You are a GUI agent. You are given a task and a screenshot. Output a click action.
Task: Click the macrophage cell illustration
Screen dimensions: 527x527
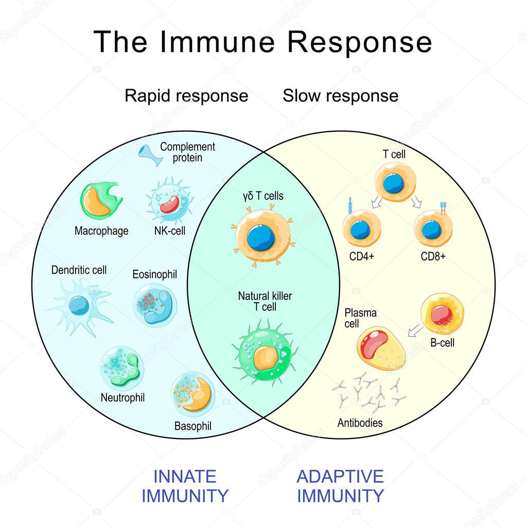[101, 201]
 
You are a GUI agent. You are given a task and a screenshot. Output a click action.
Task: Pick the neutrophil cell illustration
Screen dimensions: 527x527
[121, 367]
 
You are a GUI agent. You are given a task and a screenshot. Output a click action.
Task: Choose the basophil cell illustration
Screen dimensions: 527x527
[193, 394]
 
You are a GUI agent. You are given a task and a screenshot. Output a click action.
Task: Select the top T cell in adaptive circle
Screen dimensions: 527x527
[395, 183]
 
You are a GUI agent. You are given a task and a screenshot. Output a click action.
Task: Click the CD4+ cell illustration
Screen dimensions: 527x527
[362, 229]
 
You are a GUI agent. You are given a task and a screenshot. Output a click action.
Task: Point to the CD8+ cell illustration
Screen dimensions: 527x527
[433, 229]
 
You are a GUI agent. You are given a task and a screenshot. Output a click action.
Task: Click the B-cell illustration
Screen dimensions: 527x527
[442, 313]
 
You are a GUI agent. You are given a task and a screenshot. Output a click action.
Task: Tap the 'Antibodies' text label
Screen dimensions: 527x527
[360, 423]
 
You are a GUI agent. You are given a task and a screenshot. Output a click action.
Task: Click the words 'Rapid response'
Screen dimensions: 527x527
[186, 96]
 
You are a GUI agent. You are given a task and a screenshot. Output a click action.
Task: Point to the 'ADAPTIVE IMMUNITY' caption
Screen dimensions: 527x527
[340, 485]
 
